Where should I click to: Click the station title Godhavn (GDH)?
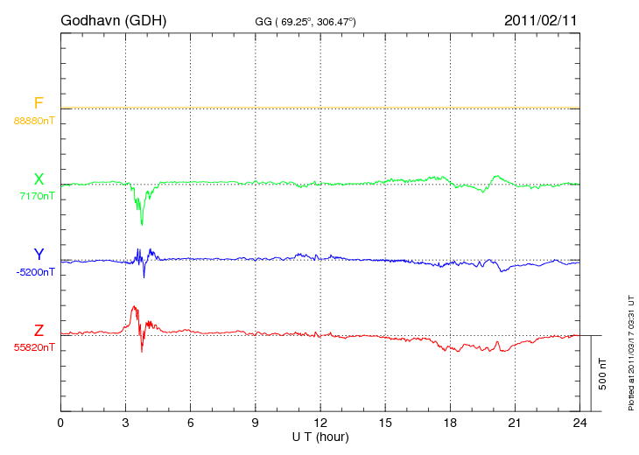click(113, 19)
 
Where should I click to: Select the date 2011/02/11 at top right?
click(541, 19)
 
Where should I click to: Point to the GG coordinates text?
click(305, 20)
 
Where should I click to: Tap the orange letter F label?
click(39, 104)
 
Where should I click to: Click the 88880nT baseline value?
click(33, 121)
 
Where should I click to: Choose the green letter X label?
click(39, 179)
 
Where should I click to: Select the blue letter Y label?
click(39, 255)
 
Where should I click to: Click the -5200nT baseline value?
click(36, 272)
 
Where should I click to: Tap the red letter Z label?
click(39, 330)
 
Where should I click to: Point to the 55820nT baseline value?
click(34, 347)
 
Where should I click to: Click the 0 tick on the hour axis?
click(60, 423)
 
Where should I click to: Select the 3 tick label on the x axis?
click(125, 423)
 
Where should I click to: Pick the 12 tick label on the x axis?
click(319, 423)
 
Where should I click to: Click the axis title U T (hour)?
click(320, 436)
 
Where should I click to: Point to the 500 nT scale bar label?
click(603, 373)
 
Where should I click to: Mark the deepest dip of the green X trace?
click(142, 224)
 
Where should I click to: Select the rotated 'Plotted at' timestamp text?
click(630, 350)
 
